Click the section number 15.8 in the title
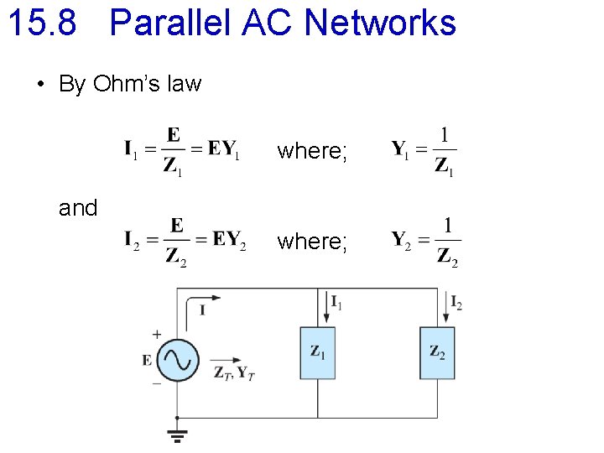tap(42, 23)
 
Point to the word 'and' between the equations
tap(78, 207)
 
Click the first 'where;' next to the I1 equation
tap(312, 151)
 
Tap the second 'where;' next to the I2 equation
tap(312, 242)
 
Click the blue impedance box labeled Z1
tap(317, 352)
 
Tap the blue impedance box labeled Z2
tap(437, 352)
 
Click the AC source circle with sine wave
tap(178, 360)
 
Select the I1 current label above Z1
tap(336, 303)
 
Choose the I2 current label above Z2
tap(456, 303)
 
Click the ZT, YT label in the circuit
tap(235, 372)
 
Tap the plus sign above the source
tap(157, 335)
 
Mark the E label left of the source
tap(148, 360)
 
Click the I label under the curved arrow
tap(202, 311)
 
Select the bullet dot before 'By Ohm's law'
tap(39, 85)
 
